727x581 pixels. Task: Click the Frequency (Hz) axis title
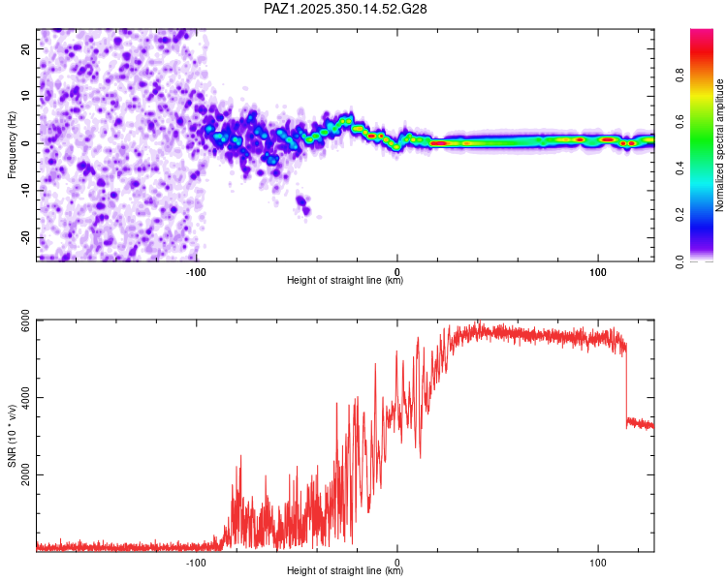tap(12, 143)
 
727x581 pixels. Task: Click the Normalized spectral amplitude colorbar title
tap(719, 145)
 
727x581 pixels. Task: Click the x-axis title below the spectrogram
tap(345, 281)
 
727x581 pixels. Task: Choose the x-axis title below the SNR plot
tap(345, 571)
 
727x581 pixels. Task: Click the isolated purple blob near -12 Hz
tap(303, 203)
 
